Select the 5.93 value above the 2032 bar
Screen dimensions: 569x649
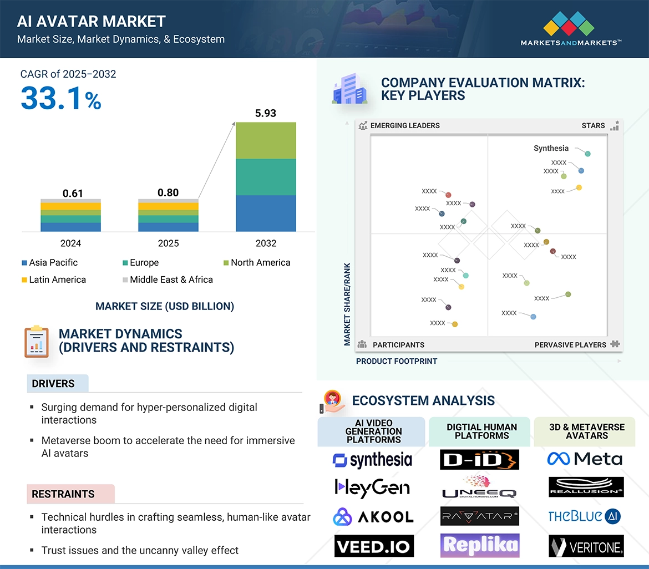coord(265,113)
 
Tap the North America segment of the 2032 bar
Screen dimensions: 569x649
coord(266,140)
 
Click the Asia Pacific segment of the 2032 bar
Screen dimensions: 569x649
coord(266,213)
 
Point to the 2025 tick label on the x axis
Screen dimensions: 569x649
coord(168,243)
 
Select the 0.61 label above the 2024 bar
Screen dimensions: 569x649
coord(73,194)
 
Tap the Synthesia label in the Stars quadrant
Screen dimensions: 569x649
coord(551,148)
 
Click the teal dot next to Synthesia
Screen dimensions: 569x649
coord(587,154)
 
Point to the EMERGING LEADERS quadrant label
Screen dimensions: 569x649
coord(404,125)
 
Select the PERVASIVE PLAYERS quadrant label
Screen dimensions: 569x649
coord(570,345)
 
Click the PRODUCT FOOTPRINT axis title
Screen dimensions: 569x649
coord(397,361)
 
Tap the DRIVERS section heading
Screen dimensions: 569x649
coord(53,384)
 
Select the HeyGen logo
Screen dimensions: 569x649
coord(372,488)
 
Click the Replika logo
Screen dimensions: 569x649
coord(480,546)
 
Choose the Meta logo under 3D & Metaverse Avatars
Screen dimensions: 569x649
coord(585,459)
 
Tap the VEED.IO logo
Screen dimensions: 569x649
coord(373,546)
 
